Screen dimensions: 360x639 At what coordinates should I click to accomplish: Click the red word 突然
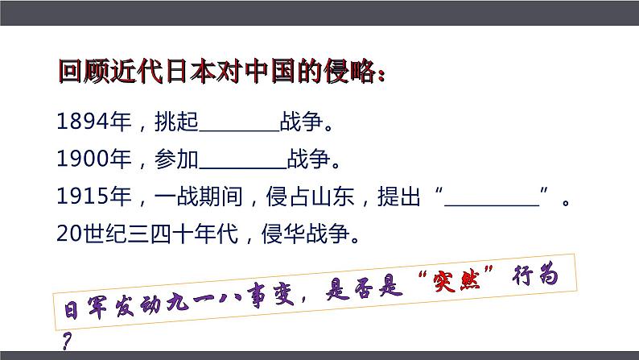(469, 286)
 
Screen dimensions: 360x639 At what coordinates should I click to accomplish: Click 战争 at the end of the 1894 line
(299, 123)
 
